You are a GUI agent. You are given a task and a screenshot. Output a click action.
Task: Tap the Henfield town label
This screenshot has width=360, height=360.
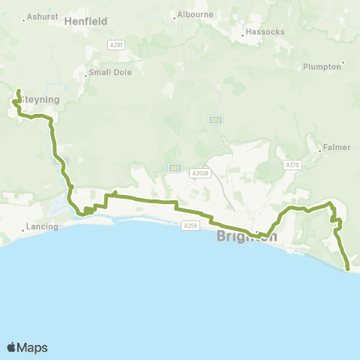[87, 22]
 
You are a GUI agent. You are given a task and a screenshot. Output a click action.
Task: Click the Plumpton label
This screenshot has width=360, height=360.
[322, 67]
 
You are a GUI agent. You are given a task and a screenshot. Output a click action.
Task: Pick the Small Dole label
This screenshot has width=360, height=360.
[103, 73]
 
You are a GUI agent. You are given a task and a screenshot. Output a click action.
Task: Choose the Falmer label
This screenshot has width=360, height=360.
[337, 147]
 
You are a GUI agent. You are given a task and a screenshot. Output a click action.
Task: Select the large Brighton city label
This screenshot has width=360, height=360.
[246, 236]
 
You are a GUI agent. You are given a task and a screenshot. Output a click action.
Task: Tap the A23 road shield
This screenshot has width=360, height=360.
[216, 119]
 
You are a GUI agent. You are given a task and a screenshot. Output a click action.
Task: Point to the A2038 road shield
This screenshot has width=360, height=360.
[199, 172]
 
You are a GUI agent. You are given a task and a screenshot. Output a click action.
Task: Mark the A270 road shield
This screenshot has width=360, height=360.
[293, 164]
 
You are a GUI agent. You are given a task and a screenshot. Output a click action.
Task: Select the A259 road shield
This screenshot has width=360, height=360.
[189, 224]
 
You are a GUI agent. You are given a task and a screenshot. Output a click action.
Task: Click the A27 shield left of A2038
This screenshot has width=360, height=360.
[174, 168]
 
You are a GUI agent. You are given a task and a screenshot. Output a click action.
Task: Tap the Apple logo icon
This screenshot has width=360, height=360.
[12, 347]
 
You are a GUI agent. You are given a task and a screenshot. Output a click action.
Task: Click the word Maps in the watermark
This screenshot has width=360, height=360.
[33, 347]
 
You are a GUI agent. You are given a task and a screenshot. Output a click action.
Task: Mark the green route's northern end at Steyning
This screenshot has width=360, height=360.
[18, 91]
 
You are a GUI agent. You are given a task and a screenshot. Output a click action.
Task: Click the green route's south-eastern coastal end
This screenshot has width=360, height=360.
[348, 268]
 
